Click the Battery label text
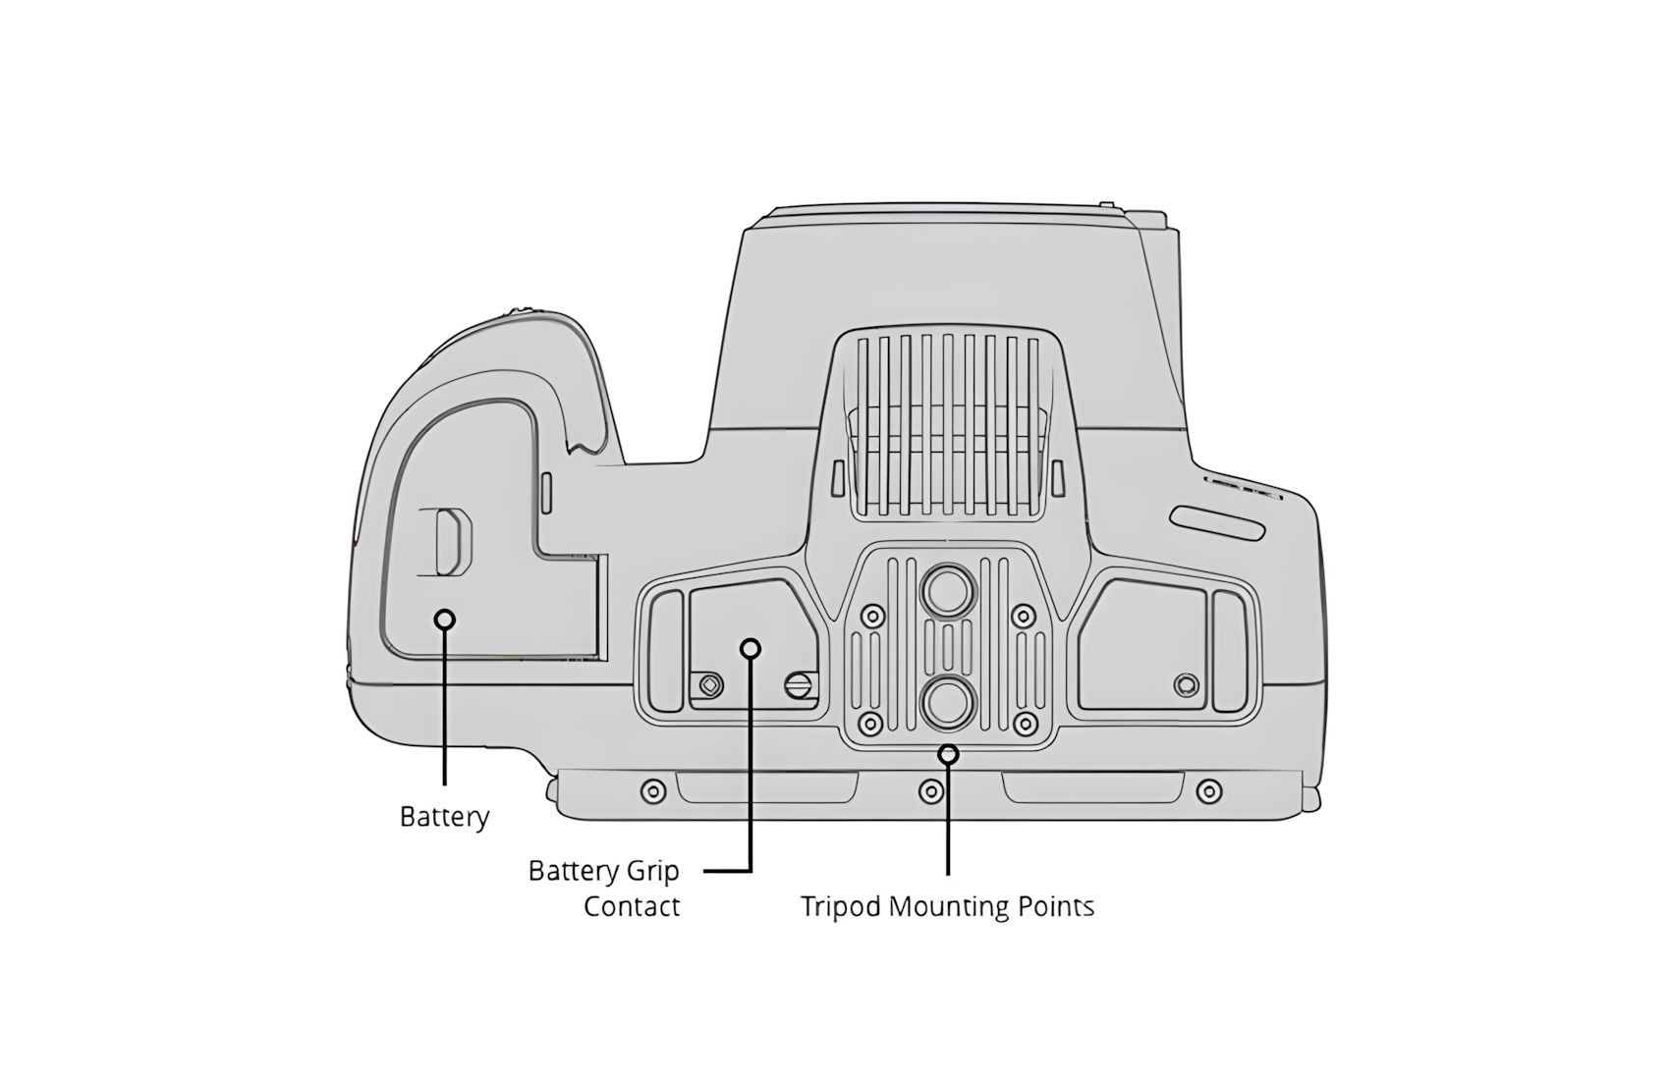point(444,817)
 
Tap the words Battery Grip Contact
point(604,889)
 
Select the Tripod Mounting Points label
point(948,907)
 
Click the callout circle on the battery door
point(445,619)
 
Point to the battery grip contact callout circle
point(751,648)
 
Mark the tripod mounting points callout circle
point(948,754)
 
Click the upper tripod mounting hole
point(948,589)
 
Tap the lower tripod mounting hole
point(948,703)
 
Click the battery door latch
point(452,542)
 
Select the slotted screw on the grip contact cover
point(799,685)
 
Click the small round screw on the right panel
point(1186,685)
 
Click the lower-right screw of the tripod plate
point(1026,723)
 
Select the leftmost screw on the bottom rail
point(654,790)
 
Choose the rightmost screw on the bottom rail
point(1208,790)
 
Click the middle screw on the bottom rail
point(931,790)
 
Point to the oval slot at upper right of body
point(1217,523)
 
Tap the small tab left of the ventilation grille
point(837,479)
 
